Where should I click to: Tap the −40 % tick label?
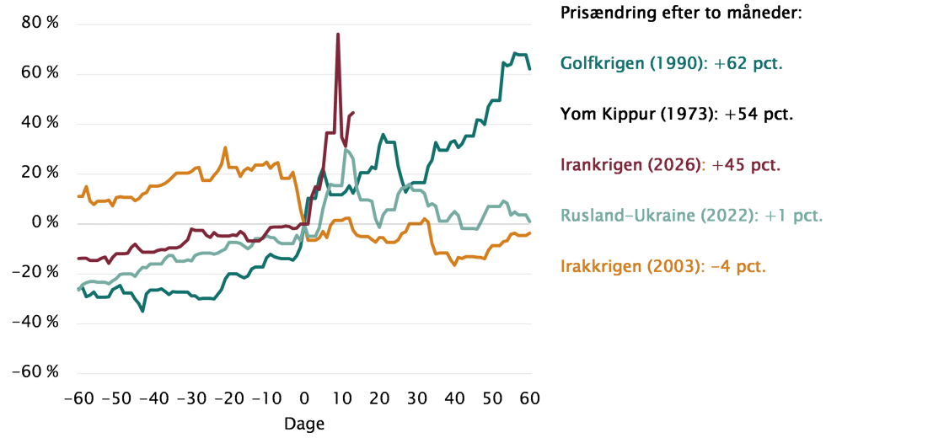(38, 323)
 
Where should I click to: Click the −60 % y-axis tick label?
(38, 372)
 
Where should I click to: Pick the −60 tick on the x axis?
(78, 398)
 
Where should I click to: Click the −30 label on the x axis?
(190, 398)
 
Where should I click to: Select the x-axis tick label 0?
(303, 398)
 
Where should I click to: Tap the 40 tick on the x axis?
(453, 398)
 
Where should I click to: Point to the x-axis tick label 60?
(528, 398)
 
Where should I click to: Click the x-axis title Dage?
(303, 424)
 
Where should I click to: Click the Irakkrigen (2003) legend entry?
(663, 266)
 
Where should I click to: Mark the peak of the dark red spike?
(338, 34)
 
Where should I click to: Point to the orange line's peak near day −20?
(225, 148)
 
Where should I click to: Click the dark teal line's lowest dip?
(142, 310)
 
